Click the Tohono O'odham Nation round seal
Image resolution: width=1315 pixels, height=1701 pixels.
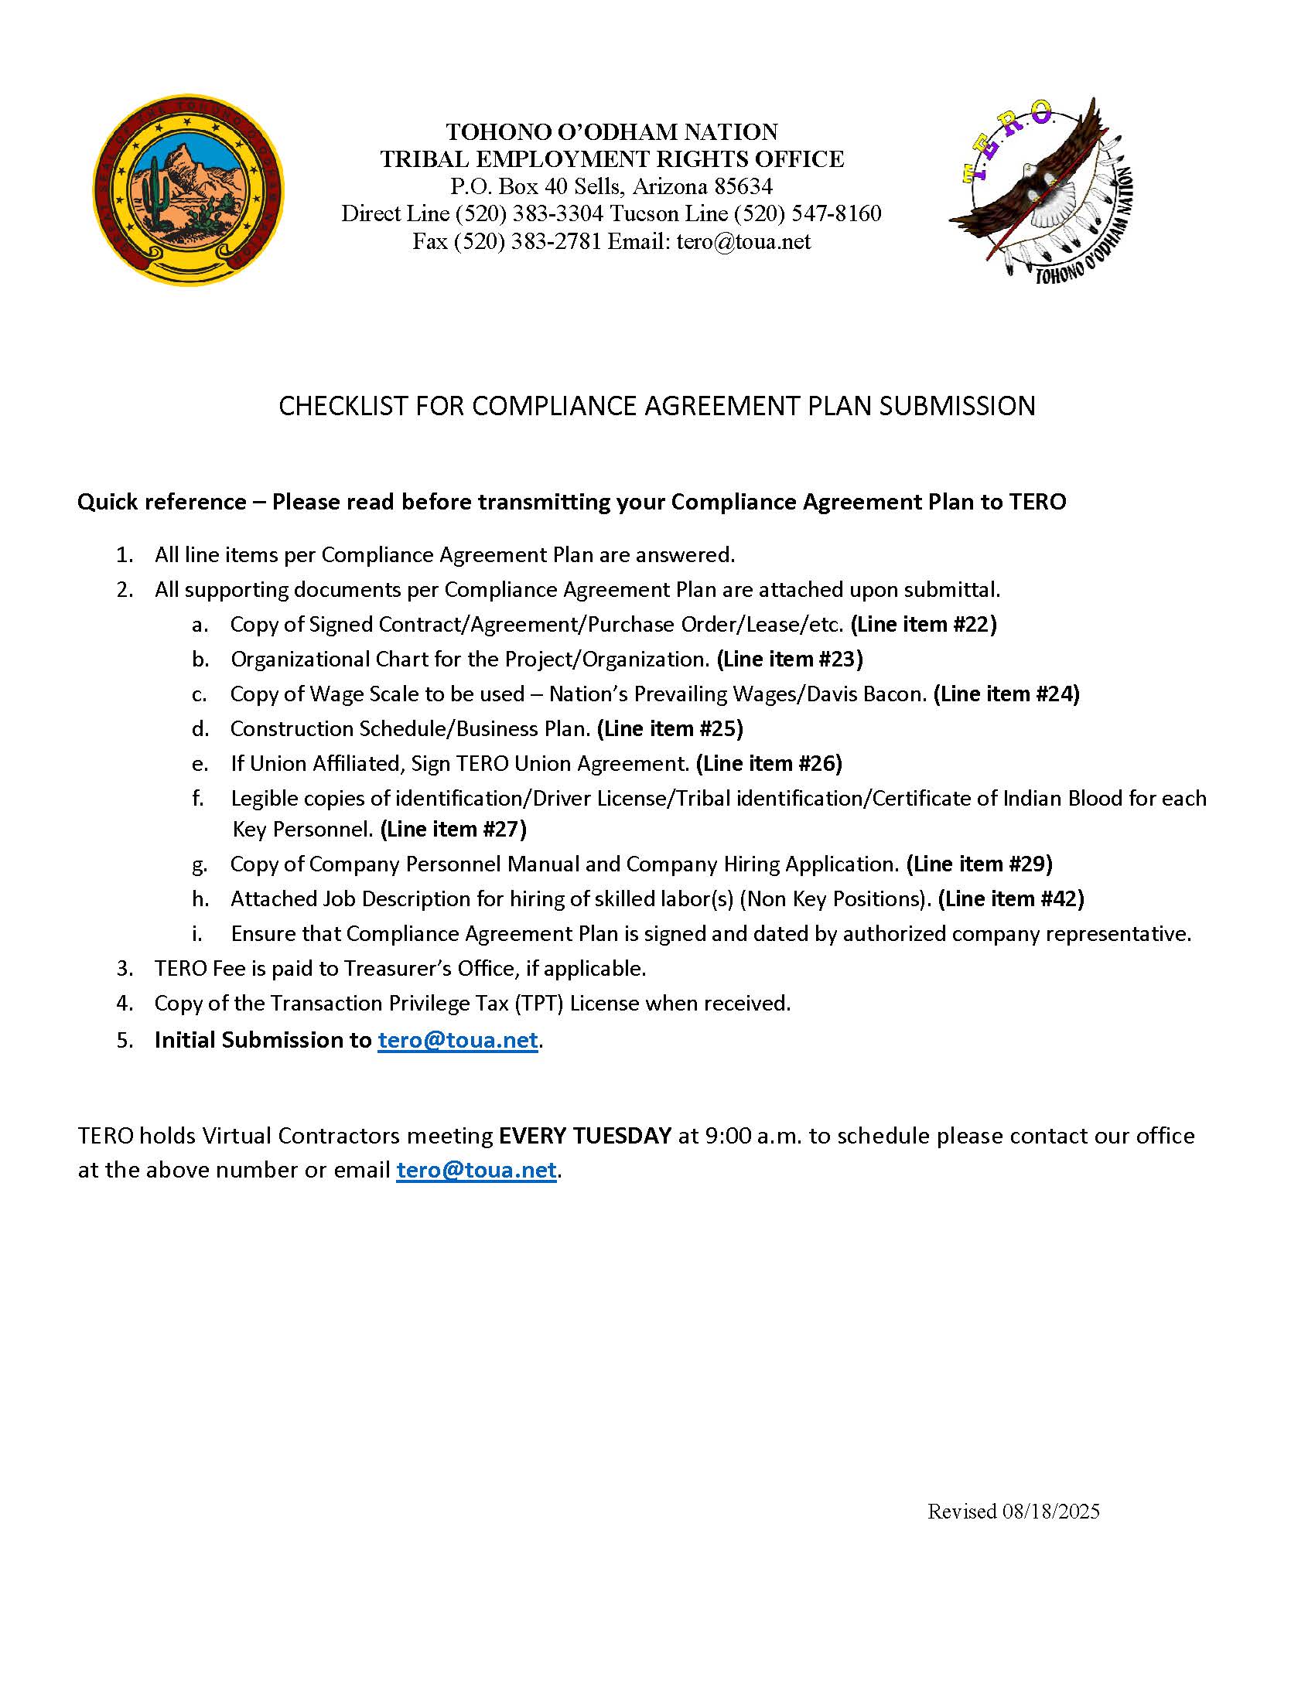click(189, 191)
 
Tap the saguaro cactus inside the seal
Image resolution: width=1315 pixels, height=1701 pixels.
click(159, 196)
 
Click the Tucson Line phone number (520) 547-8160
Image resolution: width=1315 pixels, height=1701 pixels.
click(807, 213)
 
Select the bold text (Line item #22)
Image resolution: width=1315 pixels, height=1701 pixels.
click(923, 624)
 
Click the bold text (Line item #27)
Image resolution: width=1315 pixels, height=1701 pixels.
click(453, 829)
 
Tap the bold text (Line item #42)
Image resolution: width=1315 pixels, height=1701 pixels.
click(1010, 898)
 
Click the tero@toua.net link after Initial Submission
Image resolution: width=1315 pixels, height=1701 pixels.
click(457, 1040)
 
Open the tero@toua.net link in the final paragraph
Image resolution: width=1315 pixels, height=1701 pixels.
click(476, 1170)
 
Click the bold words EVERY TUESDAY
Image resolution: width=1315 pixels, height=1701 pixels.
click(584, 1136)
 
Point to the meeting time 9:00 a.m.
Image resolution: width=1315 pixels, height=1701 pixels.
click(753, 1136)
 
